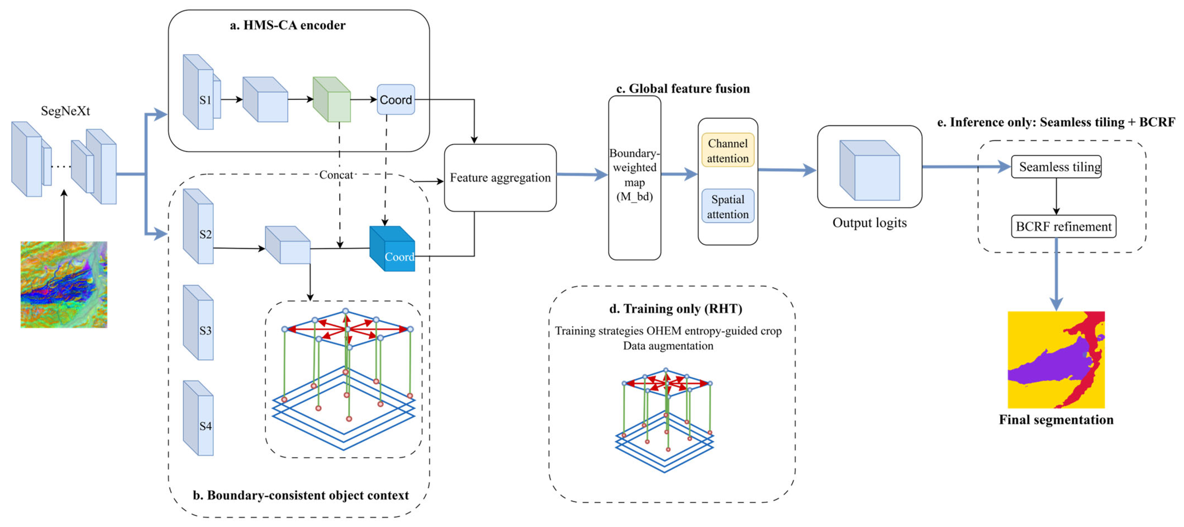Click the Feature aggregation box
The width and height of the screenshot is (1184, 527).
coord(500,178)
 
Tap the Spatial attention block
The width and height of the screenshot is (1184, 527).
coord(728,206)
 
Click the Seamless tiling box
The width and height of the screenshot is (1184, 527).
coord(1056,167)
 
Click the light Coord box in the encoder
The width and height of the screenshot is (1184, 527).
coord(396,100)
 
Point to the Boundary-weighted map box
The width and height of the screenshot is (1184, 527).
coord(634,178)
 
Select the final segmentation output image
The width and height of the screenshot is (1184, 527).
coord(1056,360)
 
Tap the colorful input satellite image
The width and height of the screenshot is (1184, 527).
coord(64,285)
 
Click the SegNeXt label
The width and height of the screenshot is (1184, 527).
coord(65,111)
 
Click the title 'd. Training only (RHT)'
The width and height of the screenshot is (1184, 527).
coord(675,309)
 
